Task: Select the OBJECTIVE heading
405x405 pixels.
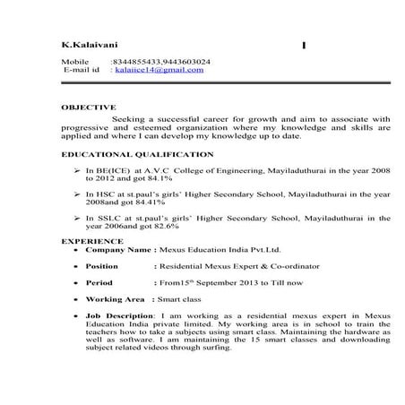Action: click(89, 107)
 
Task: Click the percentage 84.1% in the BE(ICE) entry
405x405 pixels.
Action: click(135, 178)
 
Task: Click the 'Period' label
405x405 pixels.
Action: click(99, 282)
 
